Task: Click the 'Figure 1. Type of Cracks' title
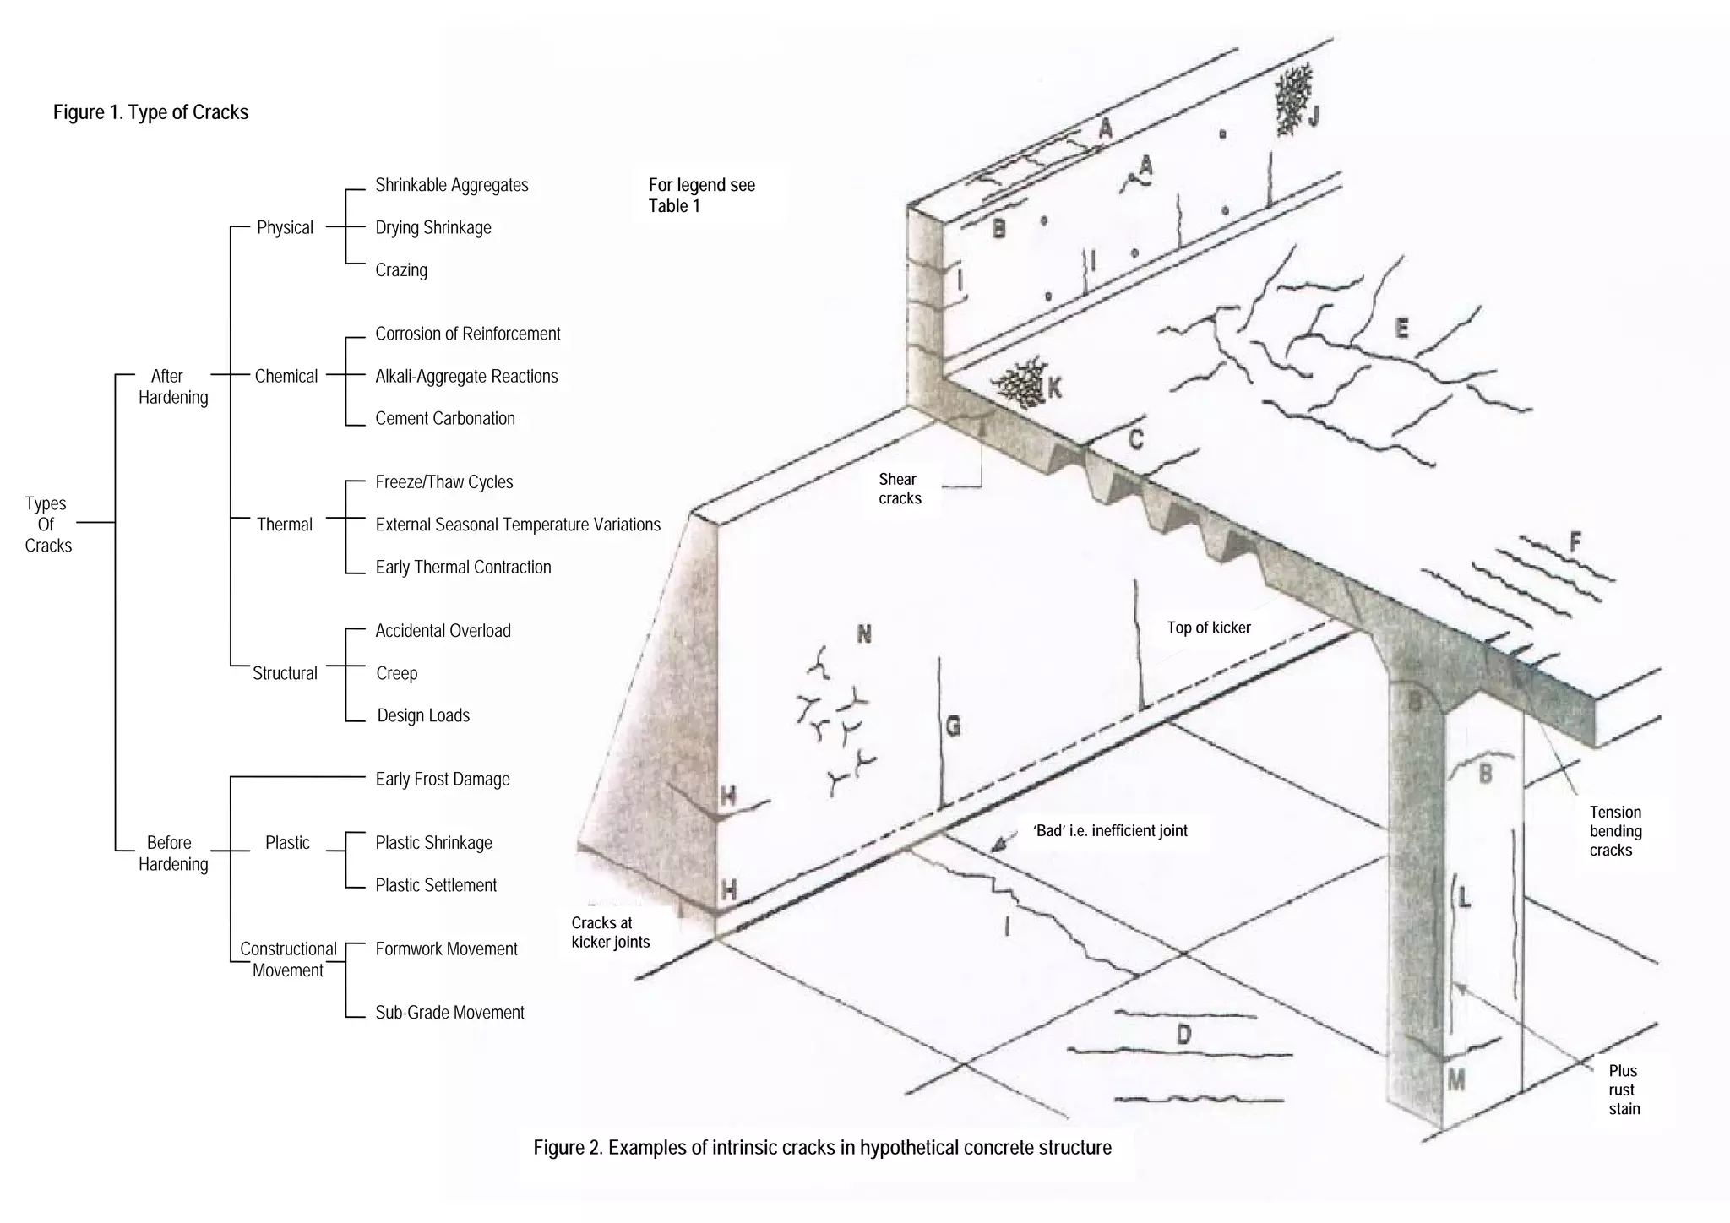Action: [x=150, y=112]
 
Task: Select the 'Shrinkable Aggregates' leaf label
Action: [x=451, y=185]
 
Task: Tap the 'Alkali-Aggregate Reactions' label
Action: [x=466, y=376]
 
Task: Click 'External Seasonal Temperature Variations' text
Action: [x=517, y=525]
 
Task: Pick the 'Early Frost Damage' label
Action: [x=443, y=779]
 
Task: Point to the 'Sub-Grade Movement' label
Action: [x=449, y=1012]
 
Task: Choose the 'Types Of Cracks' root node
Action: [x=47, y=524]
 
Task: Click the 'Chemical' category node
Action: [x=286, y=376]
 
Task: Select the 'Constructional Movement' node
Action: [x=288, y=959]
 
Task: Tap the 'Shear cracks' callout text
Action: [x=899, y=489]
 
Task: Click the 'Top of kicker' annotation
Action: [x=1208, y=628]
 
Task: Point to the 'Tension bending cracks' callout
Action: [x=1614, y=831]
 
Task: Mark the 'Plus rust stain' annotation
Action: [x=1624, y=1090]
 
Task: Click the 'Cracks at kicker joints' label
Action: [x=610, y=932]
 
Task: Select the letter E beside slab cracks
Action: [x=1401, y=328]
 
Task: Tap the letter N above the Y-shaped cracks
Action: [x=863, y=633]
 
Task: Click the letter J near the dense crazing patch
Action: [x=1313, y=117]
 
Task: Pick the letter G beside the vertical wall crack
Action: [x=953, y=726]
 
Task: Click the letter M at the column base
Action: [x=1456, y=1079]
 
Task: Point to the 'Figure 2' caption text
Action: [x=822, y=1148]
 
